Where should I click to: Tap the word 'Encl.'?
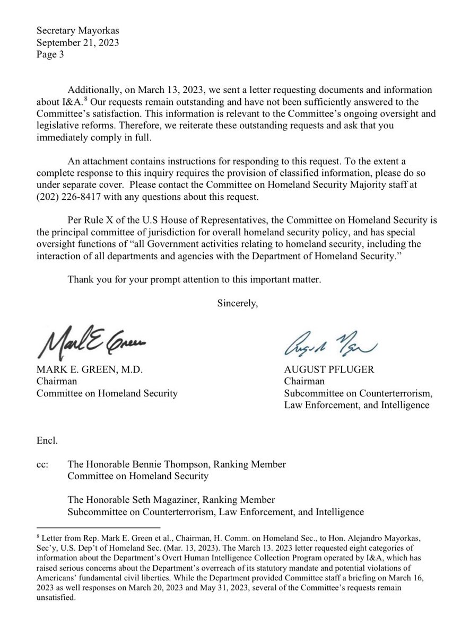coord(46,441)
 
